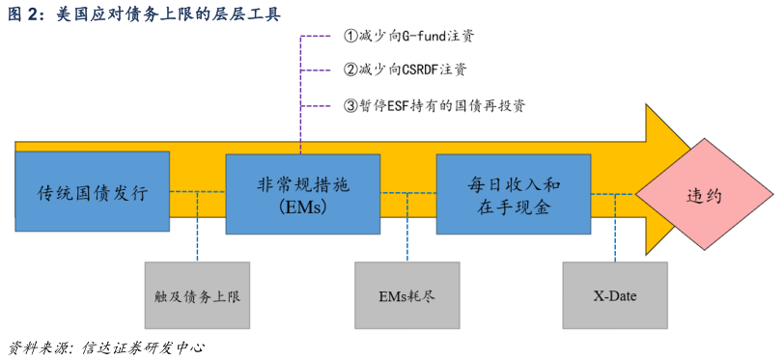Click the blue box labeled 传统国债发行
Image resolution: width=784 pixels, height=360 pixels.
point(93,192)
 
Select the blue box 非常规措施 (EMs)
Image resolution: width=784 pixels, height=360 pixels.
point(302,193)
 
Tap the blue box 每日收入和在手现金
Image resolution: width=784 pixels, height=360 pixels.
point(514,193)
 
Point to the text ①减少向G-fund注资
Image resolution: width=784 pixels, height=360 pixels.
point(408,37)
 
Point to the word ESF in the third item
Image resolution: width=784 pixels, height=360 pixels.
point(403,105)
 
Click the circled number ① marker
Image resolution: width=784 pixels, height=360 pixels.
point(350,37)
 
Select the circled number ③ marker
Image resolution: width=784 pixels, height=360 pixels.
point(350,105)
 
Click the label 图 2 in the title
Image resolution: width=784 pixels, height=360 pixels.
point(22,13)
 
